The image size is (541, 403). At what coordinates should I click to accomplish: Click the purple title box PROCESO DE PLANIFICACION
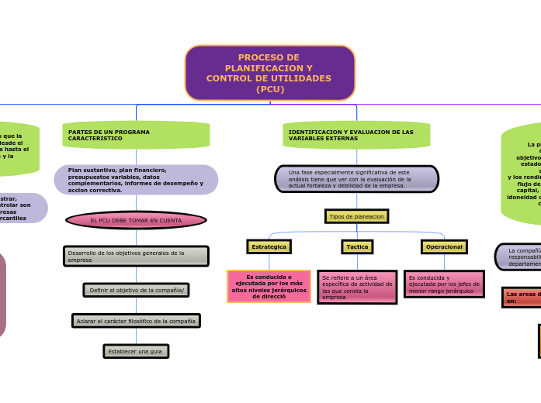(269, 73)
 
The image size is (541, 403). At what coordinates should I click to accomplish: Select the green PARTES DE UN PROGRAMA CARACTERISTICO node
(136, 135)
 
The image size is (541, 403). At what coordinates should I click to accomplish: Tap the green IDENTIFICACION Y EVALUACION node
(356, 135)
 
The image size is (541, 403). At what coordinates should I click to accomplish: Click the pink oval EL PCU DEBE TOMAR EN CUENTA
(136, 221)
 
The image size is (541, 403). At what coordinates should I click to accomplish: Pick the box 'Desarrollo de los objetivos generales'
(136, 256)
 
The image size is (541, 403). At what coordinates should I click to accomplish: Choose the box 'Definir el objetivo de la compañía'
(136, 290)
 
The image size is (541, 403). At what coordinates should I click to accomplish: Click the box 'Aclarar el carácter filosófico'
(136, 321)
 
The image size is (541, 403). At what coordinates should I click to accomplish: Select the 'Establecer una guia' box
(136, 352)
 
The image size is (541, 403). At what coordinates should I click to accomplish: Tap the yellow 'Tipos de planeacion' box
(356, 216)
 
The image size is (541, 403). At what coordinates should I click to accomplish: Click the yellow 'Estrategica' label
(269, 246)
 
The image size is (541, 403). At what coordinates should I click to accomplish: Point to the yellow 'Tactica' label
(357, 246)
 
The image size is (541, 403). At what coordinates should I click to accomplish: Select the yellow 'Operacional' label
(444, 246)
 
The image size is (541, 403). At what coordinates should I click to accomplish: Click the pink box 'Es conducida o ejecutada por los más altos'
(269, 286)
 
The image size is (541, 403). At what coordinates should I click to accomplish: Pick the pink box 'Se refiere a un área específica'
(357, 287)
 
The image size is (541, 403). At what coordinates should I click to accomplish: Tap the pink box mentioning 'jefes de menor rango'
(444, 284)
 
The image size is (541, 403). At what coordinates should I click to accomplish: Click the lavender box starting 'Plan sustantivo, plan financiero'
(136, 180)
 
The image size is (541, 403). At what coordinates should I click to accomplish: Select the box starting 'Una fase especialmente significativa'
(356, 179)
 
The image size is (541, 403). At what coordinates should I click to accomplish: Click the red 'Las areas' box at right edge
(521, 297)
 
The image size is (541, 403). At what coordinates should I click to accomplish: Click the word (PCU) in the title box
(269, 89)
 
